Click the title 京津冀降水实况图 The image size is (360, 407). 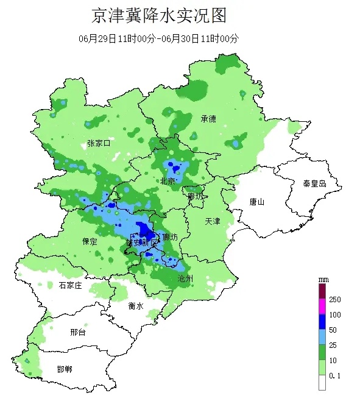click(x=162, y=15)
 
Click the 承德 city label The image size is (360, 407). click(x=208, y=119)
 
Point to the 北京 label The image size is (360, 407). click(x=168, y=182)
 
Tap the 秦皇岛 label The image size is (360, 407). click(x=315, y=183)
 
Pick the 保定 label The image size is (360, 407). click(x=90, y=241)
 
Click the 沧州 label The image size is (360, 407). click(x=185, y=278)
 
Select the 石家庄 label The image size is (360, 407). click(x=70, y=285)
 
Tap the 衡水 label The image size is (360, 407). click(x=136, y=306)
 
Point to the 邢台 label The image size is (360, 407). click(x=78, y=333)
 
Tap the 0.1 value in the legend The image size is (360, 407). click(x=334, y=376)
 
